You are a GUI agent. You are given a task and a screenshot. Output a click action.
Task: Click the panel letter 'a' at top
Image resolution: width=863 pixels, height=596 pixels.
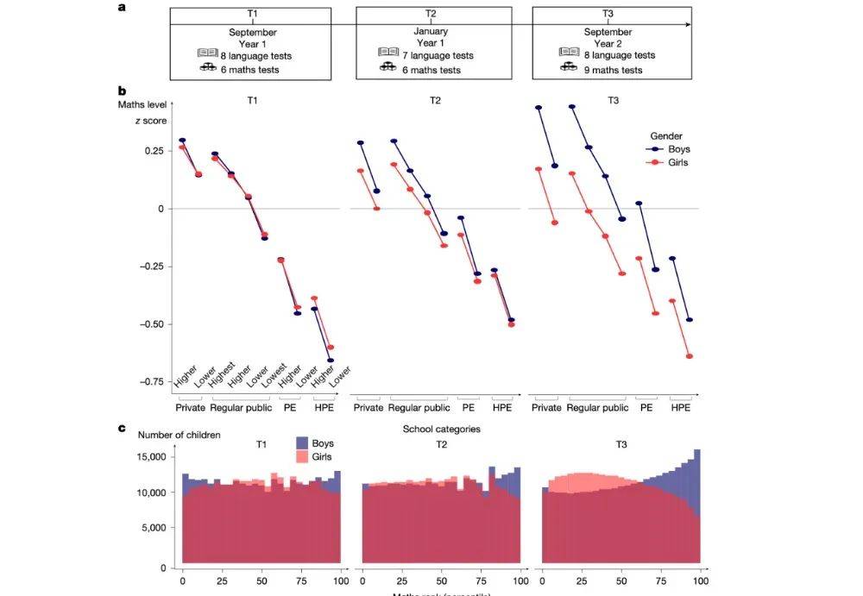pyautogui.click(x=122, y=8)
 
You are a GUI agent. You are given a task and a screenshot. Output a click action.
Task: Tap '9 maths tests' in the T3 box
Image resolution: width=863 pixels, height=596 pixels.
pyautogui.click(x=612, y=70)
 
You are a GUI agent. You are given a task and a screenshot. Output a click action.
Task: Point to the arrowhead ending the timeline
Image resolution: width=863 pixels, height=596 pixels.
pyautogui.click(x=687, y=25)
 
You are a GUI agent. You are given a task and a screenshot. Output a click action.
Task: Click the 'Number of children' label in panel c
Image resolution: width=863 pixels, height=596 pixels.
pyautogui.click(x=180, y=435)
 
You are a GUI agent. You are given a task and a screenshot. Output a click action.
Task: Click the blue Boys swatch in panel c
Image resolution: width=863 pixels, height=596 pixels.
pyautogui.click(x=302, y=443)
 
